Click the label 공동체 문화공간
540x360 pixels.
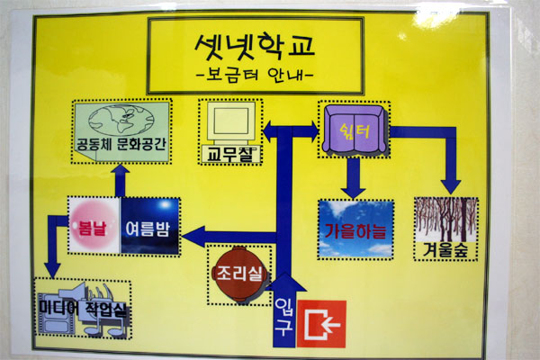(122, 146)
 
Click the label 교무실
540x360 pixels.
(227, 154)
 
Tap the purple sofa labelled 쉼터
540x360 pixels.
(354, 131)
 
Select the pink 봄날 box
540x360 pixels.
(94, 227)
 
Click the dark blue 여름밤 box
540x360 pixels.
(149, 227)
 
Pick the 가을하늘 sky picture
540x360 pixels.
(355, 229)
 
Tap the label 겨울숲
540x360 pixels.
(445, 247)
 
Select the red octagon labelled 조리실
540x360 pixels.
(238, 270)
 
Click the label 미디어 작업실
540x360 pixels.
(82, 307)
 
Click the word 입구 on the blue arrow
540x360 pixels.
(282, 321)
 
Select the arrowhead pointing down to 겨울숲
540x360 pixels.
(450, 186)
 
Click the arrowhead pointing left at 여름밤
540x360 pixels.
(190, 238)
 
